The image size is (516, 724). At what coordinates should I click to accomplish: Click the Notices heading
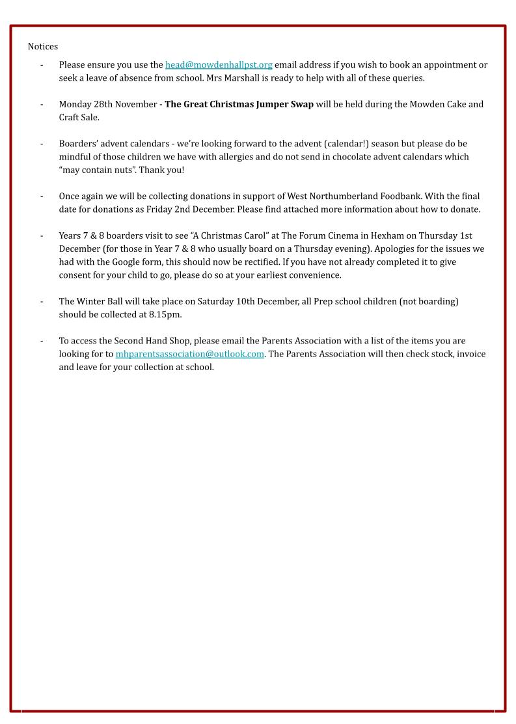pos(43,46)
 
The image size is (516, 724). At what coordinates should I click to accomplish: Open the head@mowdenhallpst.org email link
pos(219,64)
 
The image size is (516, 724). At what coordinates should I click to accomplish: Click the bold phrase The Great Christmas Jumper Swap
pos(239,104)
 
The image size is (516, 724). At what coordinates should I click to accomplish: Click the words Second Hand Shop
pos(144,340)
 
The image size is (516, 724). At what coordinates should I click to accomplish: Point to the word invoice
pos(469,354)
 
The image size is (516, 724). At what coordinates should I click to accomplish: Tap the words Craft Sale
pos(79,117)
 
